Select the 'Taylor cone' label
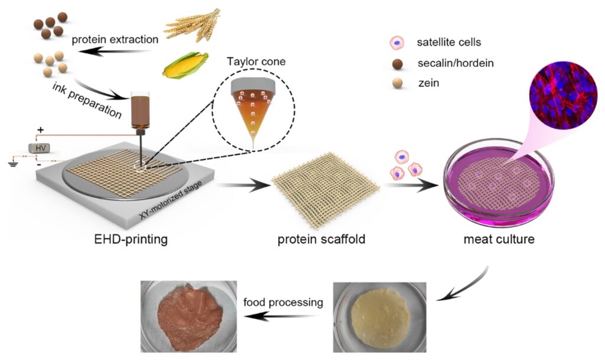pyautogui.click(x=253, y=61)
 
